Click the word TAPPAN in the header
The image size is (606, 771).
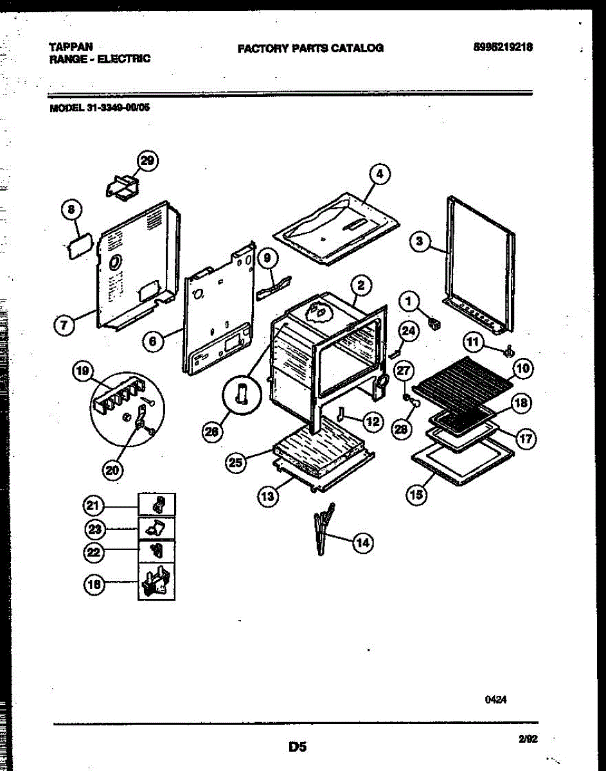(71, 47)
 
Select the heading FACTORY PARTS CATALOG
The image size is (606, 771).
(310, 48)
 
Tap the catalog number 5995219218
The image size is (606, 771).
(503, 47)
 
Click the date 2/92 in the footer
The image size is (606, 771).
(528, 740)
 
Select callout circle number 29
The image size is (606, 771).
(147, 161)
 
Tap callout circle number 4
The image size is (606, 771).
(380, 173)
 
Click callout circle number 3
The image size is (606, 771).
(420, 242)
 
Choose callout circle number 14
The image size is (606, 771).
(362, 543)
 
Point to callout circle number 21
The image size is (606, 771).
(94, 506)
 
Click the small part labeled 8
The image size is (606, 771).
(77, 247)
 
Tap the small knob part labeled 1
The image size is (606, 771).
(434, 323)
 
